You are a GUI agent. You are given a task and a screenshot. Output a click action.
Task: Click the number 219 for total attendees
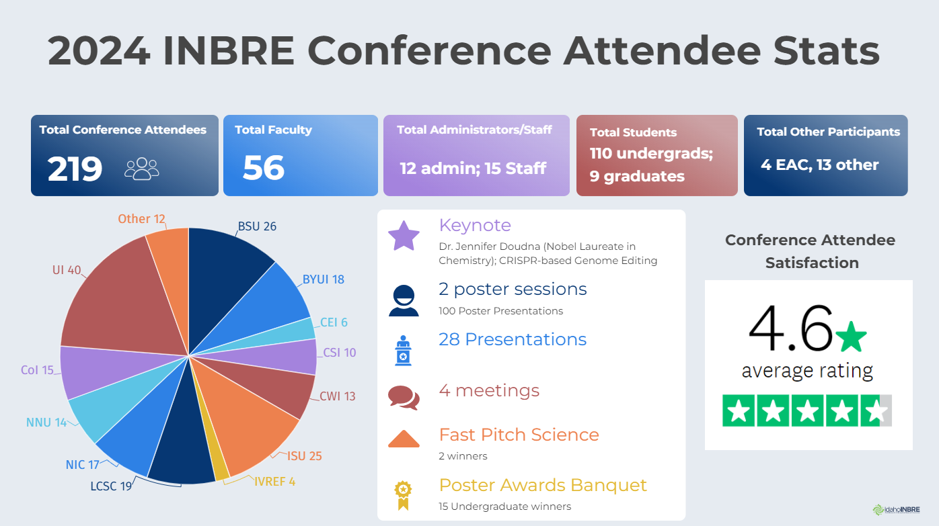(x=75, y=169)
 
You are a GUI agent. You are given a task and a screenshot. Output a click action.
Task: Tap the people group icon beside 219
(x=141, y=169)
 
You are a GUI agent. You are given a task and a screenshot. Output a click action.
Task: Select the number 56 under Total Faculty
(x=264, y=168)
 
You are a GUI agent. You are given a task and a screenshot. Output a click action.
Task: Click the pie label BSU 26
(x=257, y=226)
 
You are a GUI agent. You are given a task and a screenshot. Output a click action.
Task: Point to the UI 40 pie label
(x=67, y=270)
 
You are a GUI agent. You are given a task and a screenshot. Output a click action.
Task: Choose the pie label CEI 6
(x=334, y=322)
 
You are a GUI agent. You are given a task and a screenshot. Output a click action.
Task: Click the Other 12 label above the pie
(x=141, y=219)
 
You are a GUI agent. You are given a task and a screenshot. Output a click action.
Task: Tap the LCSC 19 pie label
(x=111, y=486)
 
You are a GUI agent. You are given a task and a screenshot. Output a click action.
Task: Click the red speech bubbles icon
(x=404, y=397)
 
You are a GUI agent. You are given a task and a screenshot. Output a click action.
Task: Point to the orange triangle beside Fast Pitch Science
(x=404, y=439)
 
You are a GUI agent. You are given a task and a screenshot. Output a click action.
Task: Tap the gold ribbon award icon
(x=403, y=494)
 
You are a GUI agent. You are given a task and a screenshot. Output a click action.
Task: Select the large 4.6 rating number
(x=791, y=330)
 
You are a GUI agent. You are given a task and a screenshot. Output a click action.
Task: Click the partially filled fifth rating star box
(x=876, y=411)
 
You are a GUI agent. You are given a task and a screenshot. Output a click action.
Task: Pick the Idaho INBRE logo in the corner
(x=895, y=509)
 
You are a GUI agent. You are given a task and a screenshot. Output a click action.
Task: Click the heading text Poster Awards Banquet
(x=543, y=485)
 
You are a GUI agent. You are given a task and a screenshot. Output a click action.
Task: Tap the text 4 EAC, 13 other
(x=819, y=165)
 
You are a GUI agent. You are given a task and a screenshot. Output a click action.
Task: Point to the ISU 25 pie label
(x=304, y=457)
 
